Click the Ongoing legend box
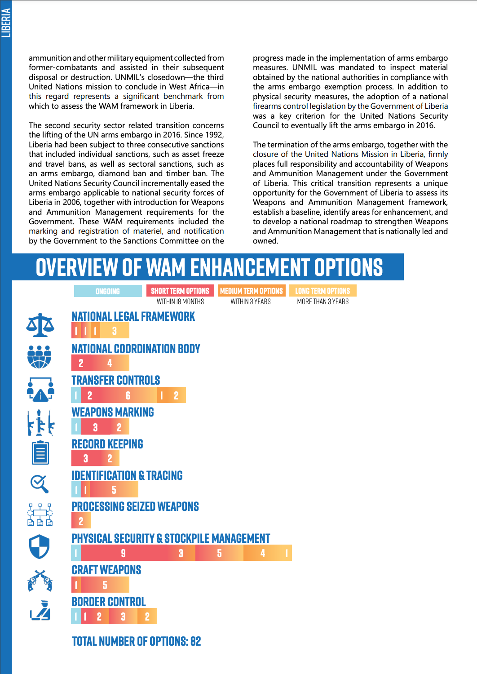108,291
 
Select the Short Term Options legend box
180,291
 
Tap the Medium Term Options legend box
252,291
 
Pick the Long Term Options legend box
322,291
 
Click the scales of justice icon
40,325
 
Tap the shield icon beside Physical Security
39,546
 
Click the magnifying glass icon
40,484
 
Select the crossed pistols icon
40,581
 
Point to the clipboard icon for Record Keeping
40,452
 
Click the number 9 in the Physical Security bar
124,553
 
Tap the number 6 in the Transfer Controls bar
128,395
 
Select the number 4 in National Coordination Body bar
110,363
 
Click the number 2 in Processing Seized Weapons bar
81,521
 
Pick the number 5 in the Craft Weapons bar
105,585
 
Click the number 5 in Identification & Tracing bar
114,490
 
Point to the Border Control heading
109,602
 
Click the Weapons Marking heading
113,412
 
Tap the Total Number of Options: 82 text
137,641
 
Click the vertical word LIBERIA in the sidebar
6,23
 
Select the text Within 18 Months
180,302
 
